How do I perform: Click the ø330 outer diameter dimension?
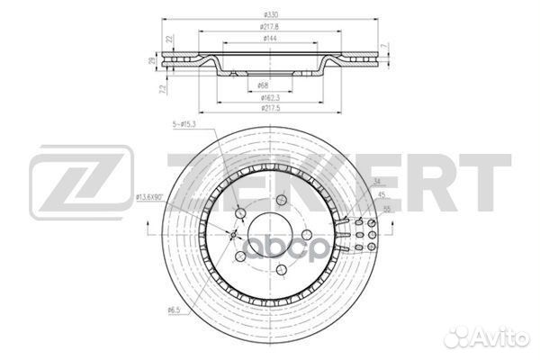tap(270, 15)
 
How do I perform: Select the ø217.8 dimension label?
tap(270, 27)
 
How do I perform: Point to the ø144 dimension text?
tap(270, 39)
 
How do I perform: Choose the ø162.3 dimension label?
tap(270, 96)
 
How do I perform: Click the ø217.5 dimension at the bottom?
tap(270, 108)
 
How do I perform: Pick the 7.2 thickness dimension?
tap(161, 89)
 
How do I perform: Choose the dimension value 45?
tap(382, 196)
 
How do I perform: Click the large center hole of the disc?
tap(269, 236)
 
